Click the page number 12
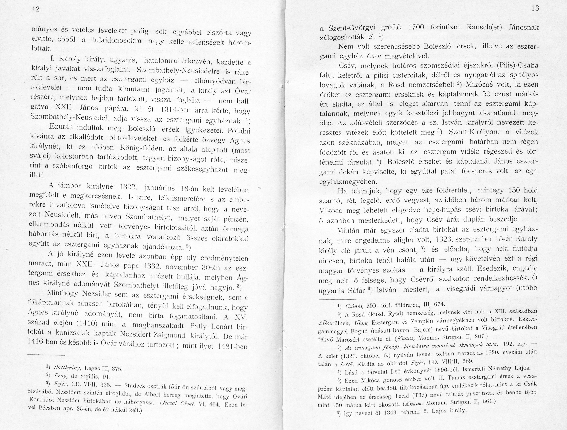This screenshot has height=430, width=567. coord(36,9)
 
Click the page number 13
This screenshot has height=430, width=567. coord(535,8)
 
